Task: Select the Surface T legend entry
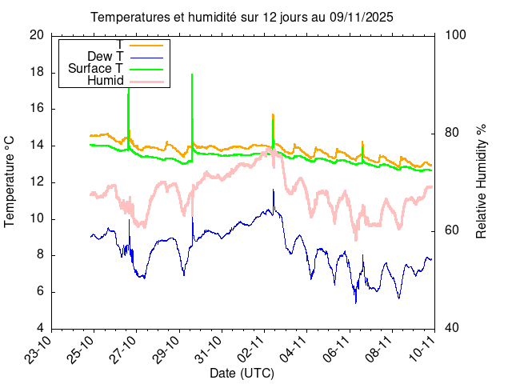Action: click(x=95, y=68)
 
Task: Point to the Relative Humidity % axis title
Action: click(x=482, y=181)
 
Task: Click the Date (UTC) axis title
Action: click(x=242, y=373)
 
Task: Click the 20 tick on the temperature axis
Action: click(x=37, y=35)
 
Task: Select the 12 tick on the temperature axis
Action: click(x=37, y=182)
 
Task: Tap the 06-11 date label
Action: click(x=337, y=349)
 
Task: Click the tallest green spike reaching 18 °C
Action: click(x=192, y=74)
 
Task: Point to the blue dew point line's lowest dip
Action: click(x=356, y=302)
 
